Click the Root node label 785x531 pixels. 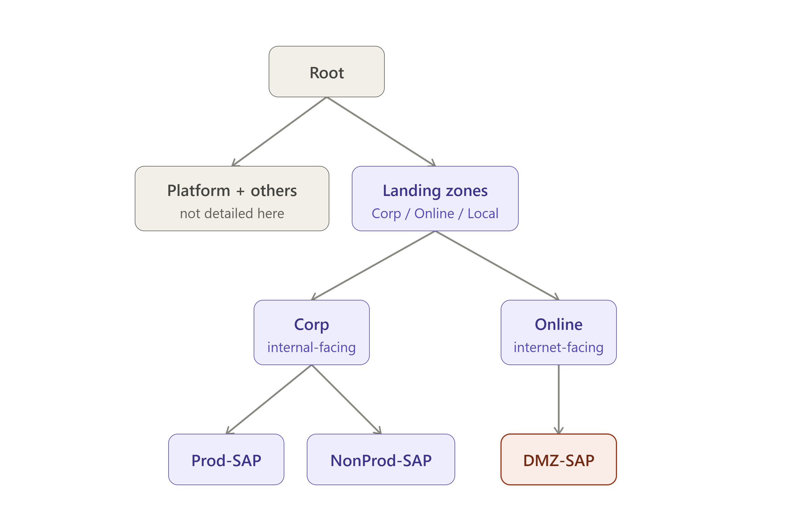pyautogui.click(x=327, y=73)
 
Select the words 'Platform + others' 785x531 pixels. pyautogui.click(x=232, y=190)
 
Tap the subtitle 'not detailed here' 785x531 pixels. pyautogui.click(x=232, y=214)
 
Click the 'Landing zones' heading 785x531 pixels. pyautogui.click(x=435, y=191)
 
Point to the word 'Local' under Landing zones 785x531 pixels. pyautogui.click(x=483, y=214)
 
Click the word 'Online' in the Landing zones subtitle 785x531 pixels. pyautogui.click(x=434, y=214)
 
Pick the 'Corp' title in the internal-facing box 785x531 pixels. pyautogui.click(x=311, y=325)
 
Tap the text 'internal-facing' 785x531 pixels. pyautogui.click(x=311, y=347)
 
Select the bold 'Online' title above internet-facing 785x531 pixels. pyautogui.click(x=559, y=324)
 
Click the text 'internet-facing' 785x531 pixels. pyautogui.click(x=559, y=347)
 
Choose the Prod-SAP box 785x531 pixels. pyautogui.click(x=226, y=459)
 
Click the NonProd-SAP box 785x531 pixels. pyautogui.click(x=381, y=459)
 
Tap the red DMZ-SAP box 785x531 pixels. pyautogui.click(x=559, y=459)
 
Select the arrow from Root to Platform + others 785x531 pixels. pyautogui.click(x=279, y=132)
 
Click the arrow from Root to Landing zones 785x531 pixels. pyautogui.click(x=381, y=132)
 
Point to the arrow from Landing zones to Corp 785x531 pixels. pyautogui.click(x=373, y=265)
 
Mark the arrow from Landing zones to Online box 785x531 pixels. pyautogui.click(x=497, y=265)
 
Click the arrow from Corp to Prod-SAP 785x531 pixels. pyautogui.click(x=269, y=399)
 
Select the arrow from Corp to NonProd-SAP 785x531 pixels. pyautogui.click(x=347, y=399)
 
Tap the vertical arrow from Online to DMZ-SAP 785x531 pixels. pyautogui.click(x=559, y=399)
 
